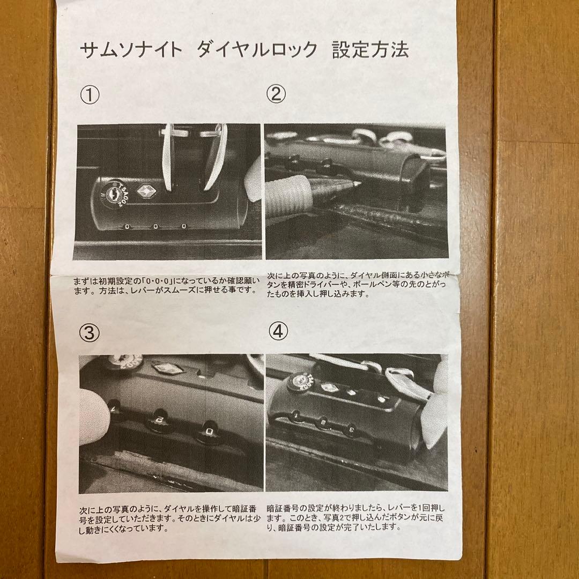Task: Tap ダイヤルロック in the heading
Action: (x=257, y=50)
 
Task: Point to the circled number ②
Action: (x=276, y=94)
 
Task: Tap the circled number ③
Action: (x=90, y=333)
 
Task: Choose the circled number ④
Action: (x=277, y=332)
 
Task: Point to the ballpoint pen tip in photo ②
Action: (x=353, y=184)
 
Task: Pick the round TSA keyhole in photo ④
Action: (x=296, y=382)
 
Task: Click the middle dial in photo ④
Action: (x=323, y=422)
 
